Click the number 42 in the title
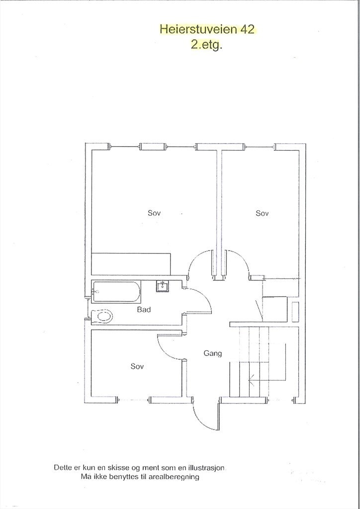[x=247, y=29]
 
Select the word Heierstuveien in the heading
[x=199, y=29]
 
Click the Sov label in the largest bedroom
[x=154, y=213]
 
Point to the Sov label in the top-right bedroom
[x=262, y=213]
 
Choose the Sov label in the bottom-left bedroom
[x=137, y=366]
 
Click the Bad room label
[x=144, y=310]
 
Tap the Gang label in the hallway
[x=212, y=353]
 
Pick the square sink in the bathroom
[x=162, y=286]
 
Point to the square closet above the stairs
[x=274, y=308]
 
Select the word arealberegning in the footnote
[x=175, y=477]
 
